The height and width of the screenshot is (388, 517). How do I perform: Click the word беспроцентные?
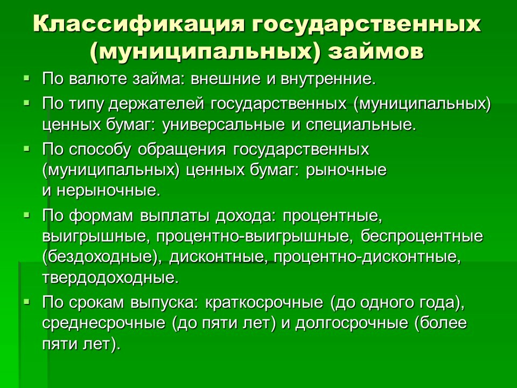[422, 236]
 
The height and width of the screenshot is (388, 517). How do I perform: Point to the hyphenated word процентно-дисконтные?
[367, 258]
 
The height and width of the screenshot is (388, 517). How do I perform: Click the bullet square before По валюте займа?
[26, 79]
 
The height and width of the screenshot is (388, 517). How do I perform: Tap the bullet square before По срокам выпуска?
[26, 301]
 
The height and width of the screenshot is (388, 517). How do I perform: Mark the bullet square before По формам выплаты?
[26, 214]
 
